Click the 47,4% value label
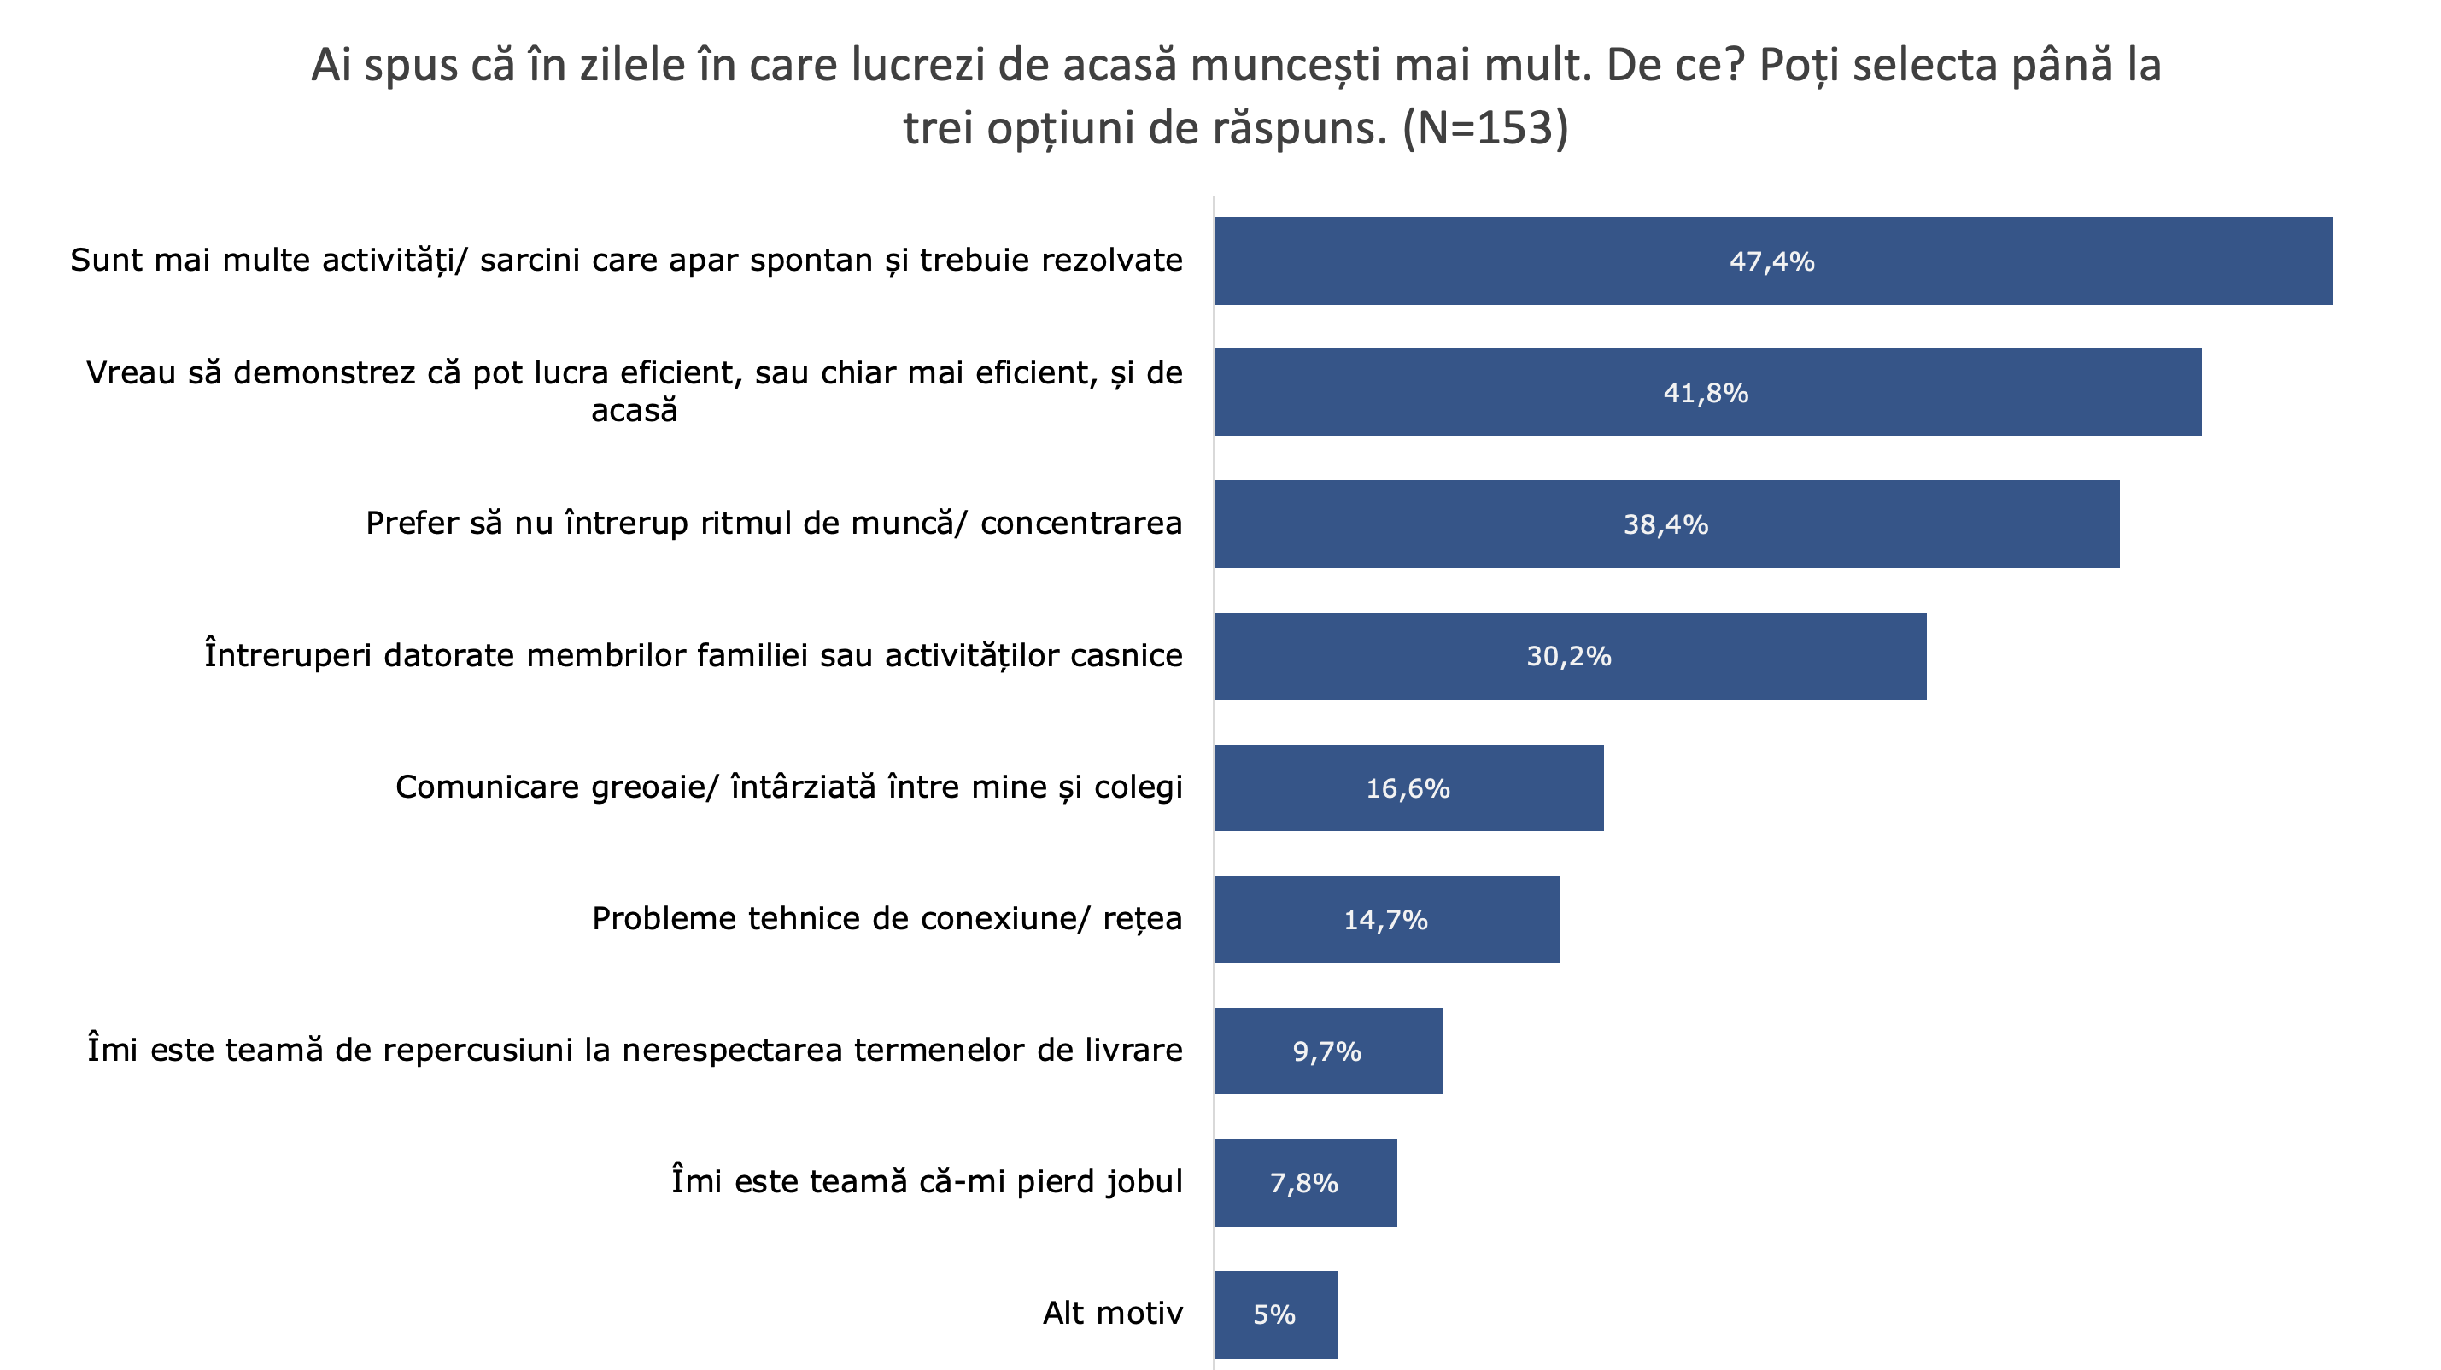tap(1771, 261)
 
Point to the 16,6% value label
tap(1408, 788)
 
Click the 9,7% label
tap(1326, 1051)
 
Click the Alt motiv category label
tap(1113, 1313)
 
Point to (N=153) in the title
tap(1485, 128)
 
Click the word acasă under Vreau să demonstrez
tap(634, 411)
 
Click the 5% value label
tap(1273, 1315)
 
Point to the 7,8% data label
tap(1303, 1183)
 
